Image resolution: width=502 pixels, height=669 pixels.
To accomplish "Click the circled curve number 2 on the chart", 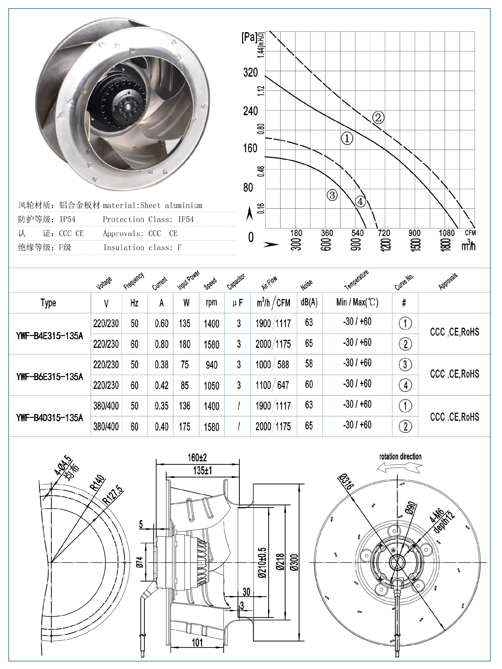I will click(x=378, y=117).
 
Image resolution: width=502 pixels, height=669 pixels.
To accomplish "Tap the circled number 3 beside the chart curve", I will click(x=332, y=195).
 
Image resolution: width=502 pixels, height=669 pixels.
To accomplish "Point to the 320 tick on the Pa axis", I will click(x=250, y=73).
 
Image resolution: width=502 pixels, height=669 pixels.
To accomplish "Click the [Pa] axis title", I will click(x=249, y=37).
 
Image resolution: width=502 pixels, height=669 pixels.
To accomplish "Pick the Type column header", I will click(x=48, y=303).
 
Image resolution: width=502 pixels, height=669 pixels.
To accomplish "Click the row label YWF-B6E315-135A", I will click(x=50, y=377).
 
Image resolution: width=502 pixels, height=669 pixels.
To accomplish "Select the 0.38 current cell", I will click(x=162, y=365).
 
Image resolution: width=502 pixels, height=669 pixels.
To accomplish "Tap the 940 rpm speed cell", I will click(x=211, y=365).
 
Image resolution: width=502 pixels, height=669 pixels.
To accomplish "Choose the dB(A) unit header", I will click(x=309, y=302).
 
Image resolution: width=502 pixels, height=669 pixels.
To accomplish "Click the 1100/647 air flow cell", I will click(x=273, y=385).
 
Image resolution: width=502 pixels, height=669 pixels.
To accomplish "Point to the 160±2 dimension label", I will click(x=197, y=458).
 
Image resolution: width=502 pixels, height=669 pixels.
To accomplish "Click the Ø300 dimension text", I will click(x=294, y=562).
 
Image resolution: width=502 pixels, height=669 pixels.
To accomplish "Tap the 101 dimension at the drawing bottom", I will click(x=197, y=642).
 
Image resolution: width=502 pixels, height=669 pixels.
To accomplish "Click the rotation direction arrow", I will click(x=400, y=468).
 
